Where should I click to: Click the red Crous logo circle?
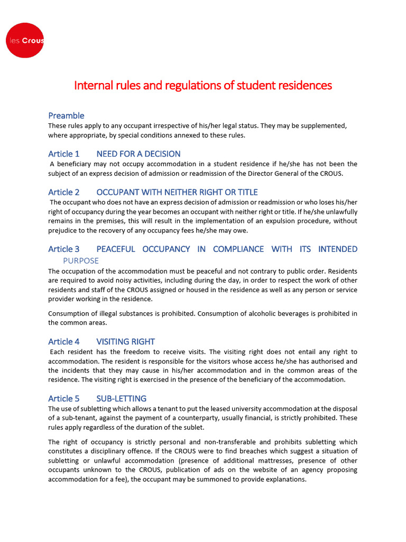(x=24, y=40)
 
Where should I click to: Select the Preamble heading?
(x=66, y=115)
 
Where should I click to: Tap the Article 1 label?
(x=63, y=154)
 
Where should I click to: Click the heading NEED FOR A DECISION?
(x=138, y=154)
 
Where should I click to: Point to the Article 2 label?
(x=63, y=192)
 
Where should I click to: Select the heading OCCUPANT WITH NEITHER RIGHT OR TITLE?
(x=177, y=192)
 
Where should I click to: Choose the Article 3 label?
(x=63, y=249)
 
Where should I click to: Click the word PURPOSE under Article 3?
(x=81, y=261)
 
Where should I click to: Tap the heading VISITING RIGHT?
(x=125, y=342)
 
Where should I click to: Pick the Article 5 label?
(x=63, y=399)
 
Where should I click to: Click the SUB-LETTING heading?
(x=121, y=399)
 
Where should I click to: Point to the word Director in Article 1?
(x=263, y=173)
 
